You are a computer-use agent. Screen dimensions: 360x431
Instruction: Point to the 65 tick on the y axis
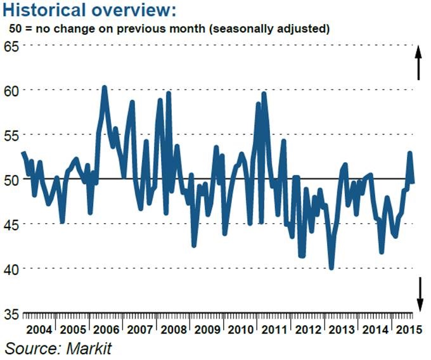coord(11,46)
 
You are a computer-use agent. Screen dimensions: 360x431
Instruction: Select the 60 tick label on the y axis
coord(11,90)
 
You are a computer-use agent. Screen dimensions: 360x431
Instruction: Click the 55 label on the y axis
coord(11,135)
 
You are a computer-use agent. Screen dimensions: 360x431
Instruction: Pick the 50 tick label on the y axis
coord(11,179)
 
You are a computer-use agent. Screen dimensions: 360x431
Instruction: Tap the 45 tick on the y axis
coord(11,224)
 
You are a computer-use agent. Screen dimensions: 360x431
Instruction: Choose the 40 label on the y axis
coord(11,269)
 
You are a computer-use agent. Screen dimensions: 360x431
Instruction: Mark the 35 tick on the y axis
coord(11,314)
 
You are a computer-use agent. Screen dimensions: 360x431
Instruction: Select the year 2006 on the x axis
coord(106,330)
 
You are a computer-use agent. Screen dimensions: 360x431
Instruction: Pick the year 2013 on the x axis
coord(342,330)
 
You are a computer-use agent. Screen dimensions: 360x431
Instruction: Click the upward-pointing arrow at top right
coord(418,63)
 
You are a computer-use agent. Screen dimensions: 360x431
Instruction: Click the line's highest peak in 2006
coord(104,87)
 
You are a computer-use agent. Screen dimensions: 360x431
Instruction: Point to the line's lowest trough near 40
coord(331,267)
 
